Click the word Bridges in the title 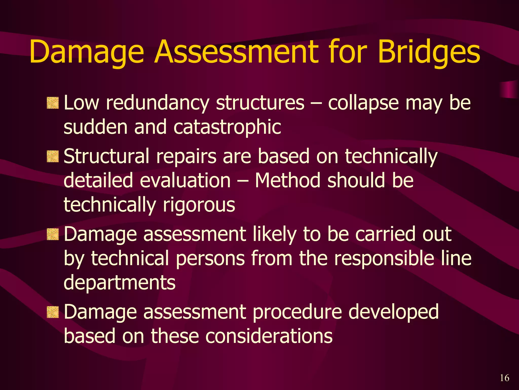point(429,52)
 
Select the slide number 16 point(504,378)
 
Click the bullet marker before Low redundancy point(53,103)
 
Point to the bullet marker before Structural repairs point(53,156)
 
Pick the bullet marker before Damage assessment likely point(53,234)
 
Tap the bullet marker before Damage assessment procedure point(53,312)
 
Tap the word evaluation point(185,180)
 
